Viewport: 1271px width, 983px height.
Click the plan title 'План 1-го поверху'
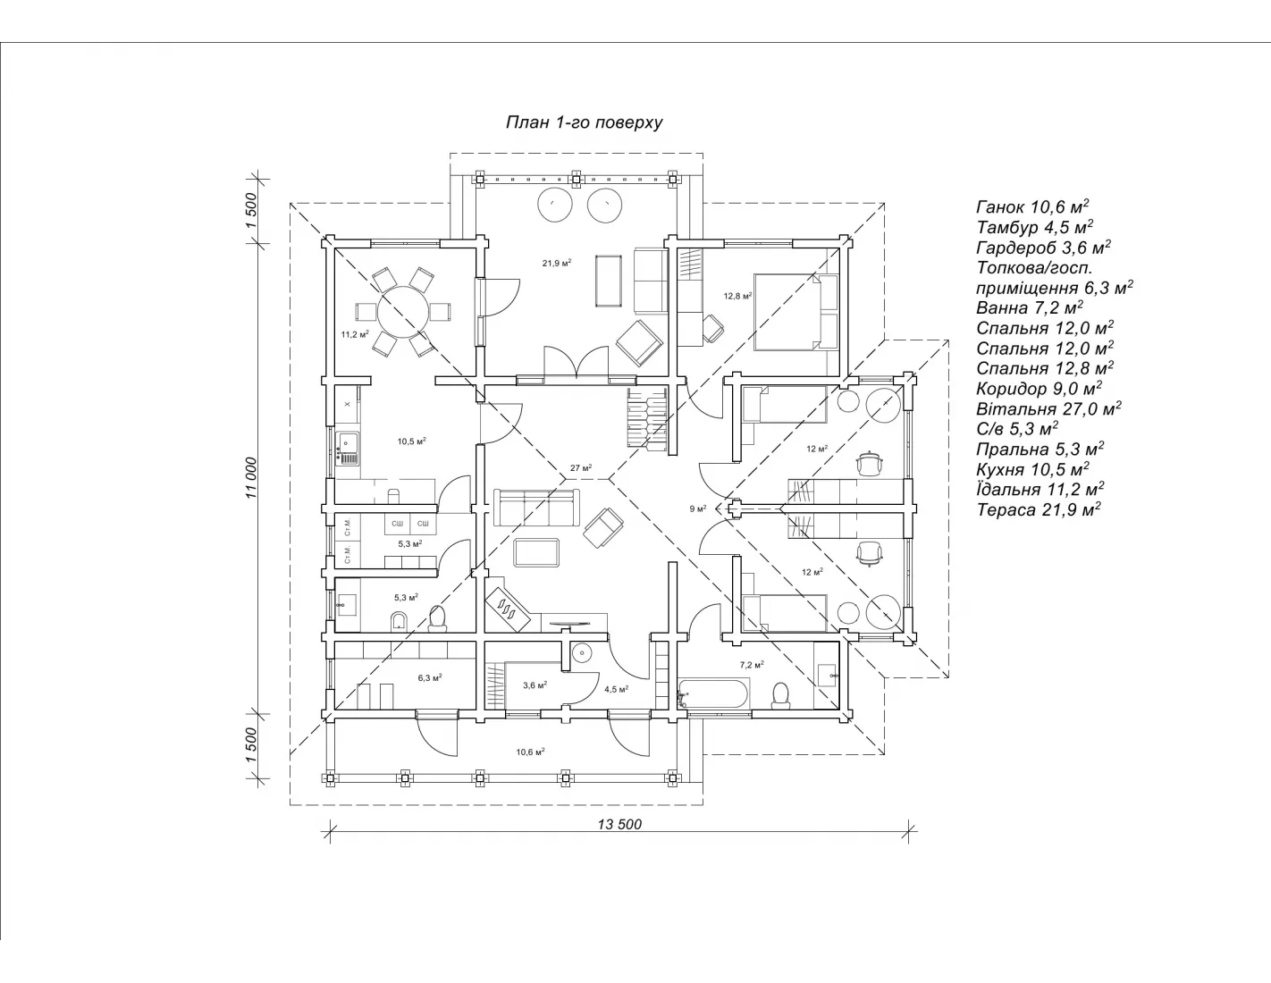[584, 122]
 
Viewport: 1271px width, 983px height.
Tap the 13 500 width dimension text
[619, 824]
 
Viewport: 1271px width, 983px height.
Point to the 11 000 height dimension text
[251, 478]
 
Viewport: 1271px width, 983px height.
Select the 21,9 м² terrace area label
[557, 263]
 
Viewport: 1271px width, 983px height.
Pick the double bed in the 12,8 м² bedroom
[796, 312]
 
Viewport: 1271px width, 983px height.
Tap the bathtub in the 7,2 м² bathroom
[713, 694]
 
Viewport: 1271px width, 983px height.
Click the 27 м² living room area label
[581, 467]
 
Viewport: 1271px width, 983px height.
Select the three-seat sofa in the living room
[536, 508]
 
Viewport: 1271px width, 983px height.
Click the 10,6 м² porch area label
[531, 752]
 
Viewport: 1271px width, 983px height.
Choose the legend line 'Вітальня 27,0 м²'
[1048, 408]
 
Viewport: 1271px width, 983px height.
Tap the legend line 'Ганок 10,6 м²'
[1032, 206]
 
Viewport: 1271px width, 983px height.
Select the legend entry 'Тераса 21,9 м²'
[1039, 509]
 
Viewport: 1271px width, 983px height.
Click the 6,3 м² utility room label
[430, 677]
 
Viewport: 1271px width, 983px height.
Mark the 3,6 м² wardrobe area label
[535, 685]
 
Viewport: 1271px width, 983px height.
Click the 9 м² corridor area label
[698, 508]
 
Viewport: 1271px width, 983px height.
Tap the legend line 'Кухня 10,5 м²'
[1032, 469]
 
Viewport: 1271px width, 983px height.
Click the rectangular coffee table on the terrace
[609, 280]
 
